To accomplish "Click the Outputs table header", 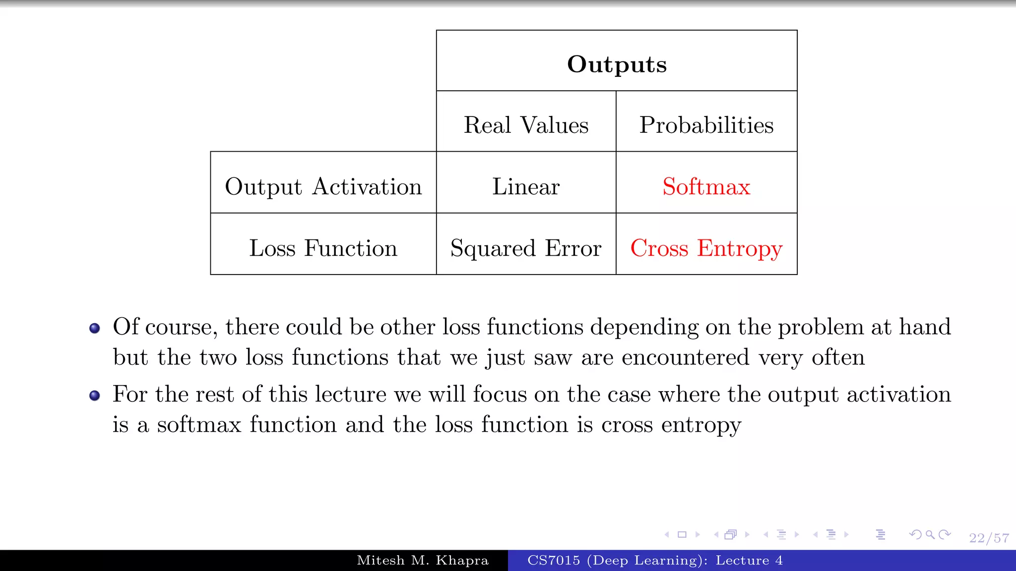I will [x=617, y=64].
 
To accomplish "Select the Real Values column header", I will [x=526, y=125].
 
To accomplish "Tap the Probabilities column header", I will [x=706, y=125].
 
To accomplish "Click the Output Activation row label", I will [x=323, y=187].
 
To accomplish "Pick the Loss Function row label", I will [x=323, y=248].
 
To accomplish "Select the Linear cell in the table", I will [x=526, y=187].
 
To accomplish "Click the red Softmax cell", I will [x=706, y=187].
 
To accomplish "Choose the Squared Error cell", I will [x=526, y=248].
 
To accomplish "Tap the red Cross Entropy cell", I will [x=706, y=248].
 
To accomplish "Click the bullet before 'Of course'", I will [x=95, y=328].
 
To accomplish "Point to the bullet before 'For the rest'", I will [x=95, y=395].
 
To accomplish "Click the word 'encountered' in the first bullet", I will [x=685, y=357].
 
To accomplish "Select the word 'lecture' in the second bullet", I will [x=350, y=395].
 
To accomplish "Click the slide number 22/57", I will [x=989, y=538].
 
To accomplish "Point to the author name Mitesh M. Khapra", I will [x=423, y=561].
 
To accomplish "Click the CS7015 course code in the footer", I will [x=553, y=561].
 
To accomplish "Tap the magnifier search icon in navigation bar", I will [x=930, y=534].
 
